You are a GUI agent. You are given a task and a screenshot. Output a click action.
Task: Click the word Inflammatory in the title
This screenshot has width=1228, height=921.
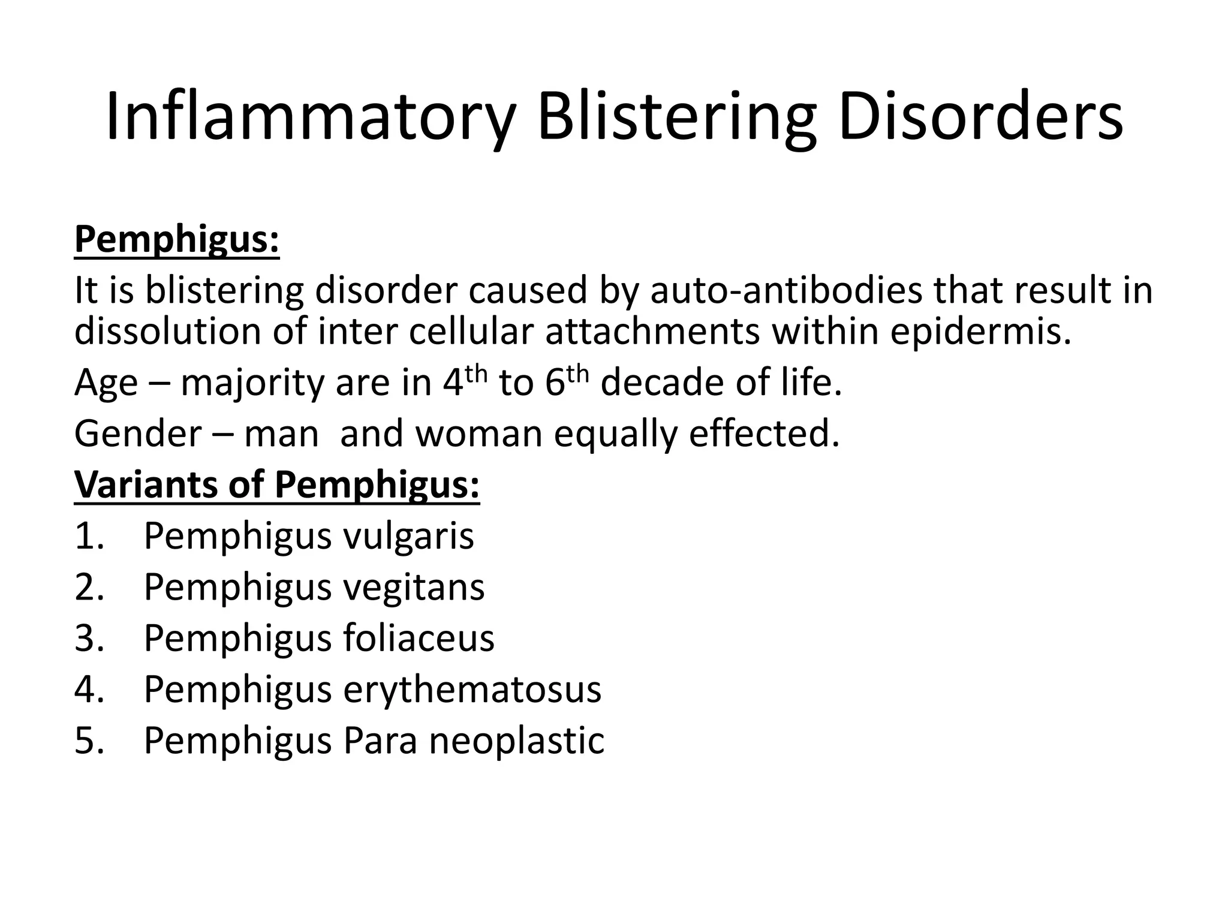[x=310, y=118]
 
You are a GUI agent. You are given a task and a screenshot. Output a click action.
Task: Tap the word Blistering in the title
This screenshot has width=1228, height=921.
[x=676, y=118]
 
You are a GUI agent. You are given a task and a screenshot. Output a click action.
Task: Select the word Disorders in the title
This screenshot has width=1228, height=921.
[x=980, y=118]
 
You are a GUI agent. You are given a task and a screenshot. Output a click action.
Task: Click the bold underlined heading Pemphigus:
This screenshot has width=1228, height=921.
[x=177, y=240]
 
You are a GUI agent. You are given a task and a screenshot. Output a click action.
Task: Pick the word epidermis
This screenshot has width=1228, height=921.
[x=980, y=332]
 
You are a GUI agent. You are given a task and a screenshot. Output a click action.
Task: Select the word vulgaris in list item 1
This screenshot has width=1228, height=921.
[x=408, y=537]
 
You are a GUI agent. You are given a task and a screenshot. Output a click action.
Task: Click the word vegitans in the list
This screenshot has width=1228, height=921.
[x=414, y=588]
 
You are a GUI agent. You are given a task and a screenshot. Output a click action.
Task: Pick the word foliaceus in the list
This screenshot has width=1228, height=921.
[x=419, y=638]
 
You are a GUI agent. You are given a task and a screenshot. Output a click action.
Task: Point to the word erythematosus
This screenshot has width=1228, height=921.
[x=472, y=690]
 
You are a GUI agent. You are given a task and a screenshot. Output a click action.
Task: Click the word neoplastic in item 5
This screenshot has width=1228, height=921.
[x=516, y=741]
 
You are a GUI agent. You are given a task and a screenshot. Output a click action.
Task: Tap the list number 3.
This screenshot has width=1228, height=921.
[x=88, y=638]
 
